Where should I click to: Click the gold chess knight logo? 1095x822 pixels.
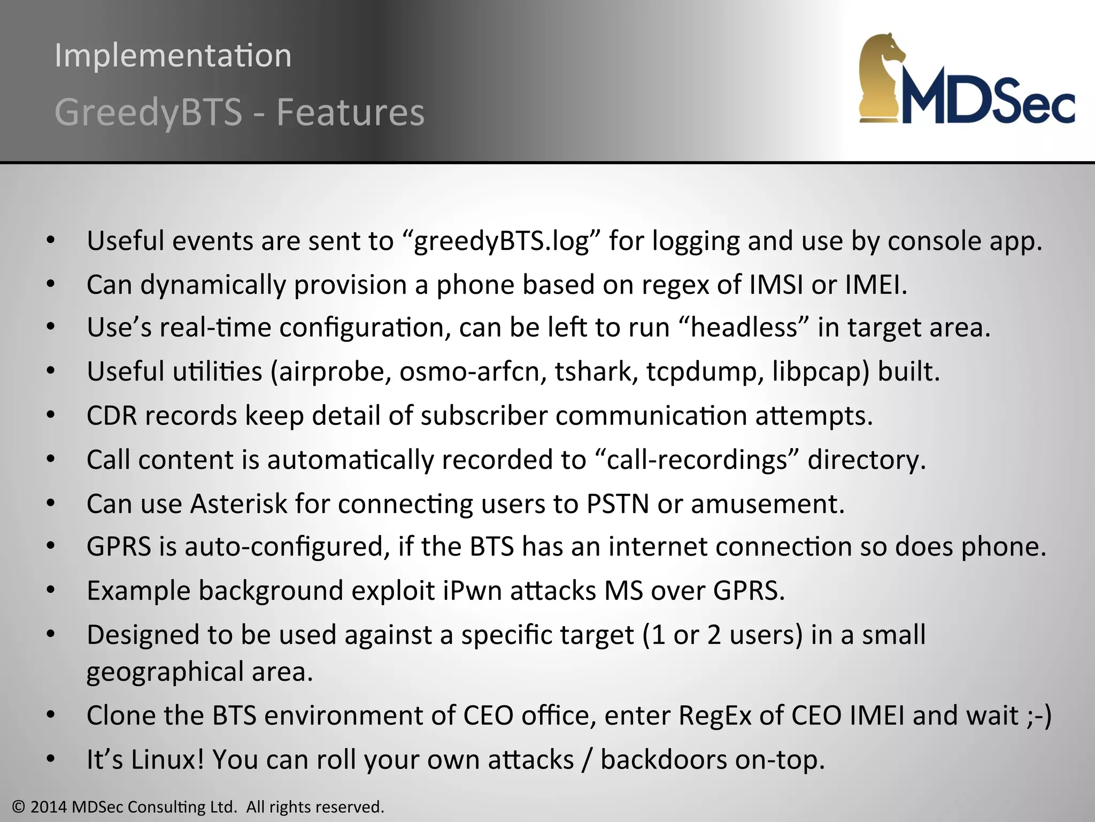(x=883, y=78)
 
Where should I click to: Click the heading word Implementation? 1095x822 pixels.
(x=173, y=56)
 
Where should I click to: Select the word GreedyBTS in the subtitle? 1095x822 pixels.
(x=149, y=112)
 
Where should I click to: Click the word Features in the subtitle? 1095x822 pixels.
(x=350, y=112)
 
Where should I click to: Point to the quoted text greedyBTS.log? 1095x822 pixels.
(x=502, y=241)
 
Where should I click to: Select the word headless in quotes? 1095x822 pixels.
(x=744, y=328)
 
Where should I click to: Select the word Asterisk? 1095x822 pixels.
(x=238, y=504)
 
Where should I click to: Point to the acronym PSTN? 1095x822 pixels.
(x=618, y=504)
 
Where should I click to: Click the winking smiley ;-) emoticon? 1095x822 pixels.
(x=1039, y=716)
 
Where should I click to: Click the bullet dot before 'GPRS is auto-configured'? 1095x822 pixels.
(x=51, y=547)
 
